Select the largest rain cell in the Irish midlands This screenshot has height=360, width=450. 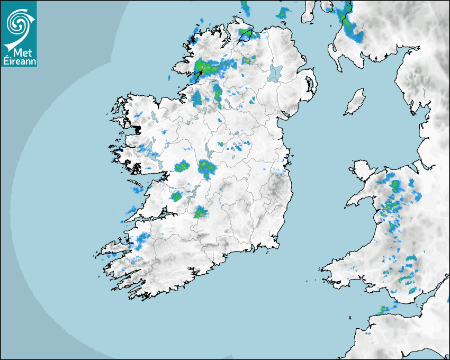coord(206,168)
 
